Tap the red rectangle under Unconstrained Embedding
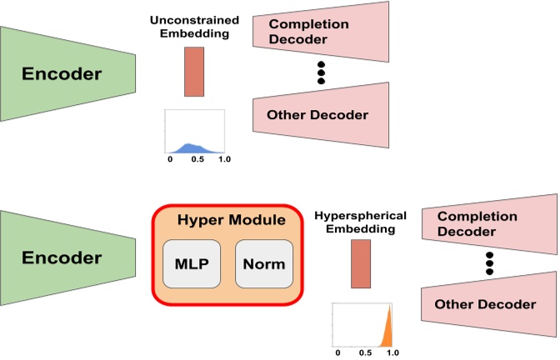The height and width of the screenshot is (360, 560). tap(193, 71)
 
